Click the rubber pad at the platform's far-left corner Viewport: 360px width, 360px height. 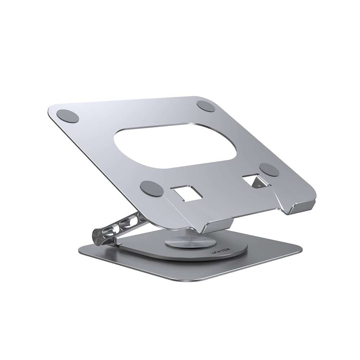(68, 116)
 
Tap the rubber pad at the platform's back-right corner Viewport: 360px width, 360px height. (206, 106)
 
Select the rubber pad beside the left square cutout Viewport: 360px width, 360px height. (152, 188)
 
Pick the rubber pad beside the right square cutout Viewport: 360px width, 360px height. (269, 170)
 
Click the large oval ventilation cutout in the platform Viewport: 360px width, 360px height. (175, 146)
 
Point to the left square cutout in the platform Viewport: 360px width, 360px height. (186, 193)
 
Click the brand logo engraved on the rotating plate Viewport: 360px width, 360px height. (218, 253)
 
